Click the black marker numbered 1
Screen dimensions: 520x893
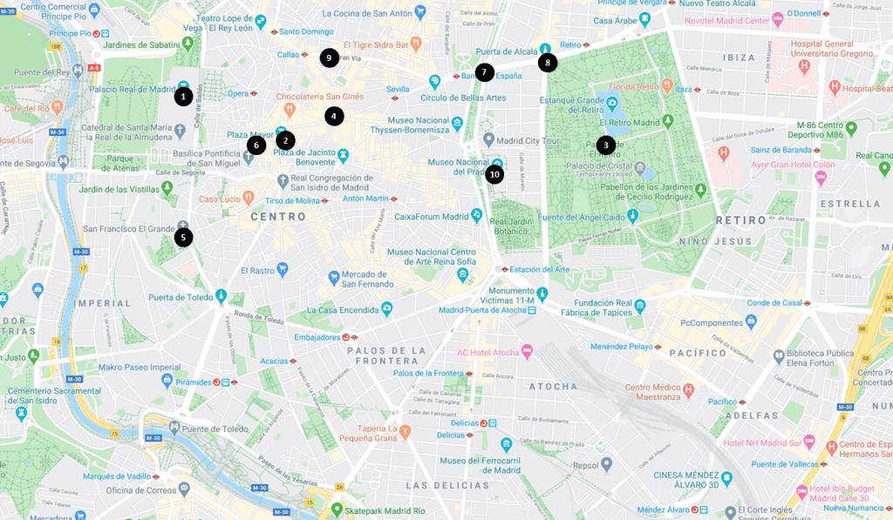[182, 97]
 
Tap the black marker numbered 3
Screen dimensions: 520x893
[605, 145]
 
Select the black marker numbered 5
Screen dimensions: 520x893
[183, 237]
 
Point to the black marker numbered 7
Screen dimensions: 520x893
[484, 72]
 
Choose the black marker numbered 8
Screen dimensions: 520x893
[547, 63]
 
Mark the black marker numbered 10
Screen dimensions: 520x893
[494, 174]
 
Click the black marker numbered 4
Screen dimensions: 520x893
[334, 116]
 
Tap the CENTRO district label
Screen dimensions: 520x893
[278, 217]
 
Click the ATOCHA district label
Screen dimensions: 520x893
[553, 386]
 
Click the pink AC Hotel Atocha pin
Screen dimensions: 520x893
[526, 352]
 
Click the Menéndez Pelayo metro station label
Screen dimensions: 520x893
[621, 347]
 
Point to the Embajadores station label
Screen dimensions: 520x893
[317, 336]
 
